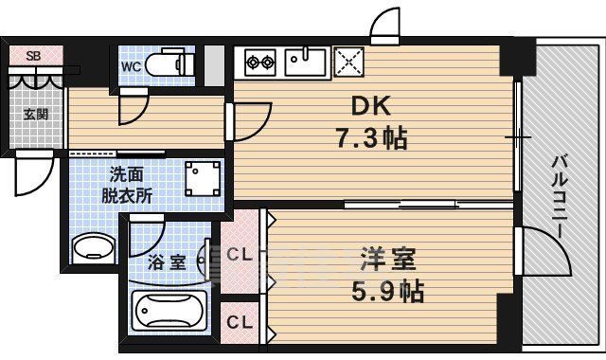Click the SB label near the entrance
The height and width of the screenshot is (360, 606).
tap(32, 56)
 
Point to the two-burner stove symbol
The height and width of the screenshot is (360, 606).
tap(259, 64)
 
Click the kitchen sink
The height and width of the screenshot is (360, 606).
tap(304, 63)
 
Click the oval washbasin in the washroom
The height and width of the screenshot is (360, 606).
tap(94, 248)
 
